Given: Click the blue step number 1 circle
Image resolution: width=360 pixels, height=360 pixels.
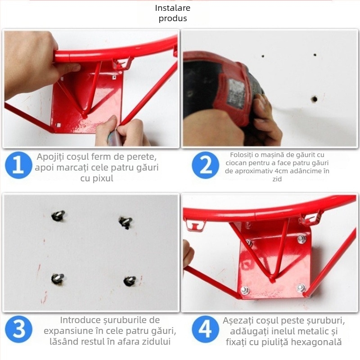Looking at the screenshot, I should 18,165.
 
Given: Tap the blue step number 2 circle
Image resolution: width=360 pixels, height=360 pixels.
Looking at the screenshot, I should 205,165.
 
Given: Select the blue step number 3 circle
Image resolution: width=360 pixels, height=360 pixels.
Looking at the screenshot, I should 18,329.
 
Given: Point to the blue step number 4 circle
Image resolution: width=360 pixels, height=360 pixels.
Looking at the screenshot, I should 205,329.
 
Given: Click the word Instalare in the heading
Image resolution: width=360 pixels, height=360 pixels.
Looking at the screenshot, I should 173,8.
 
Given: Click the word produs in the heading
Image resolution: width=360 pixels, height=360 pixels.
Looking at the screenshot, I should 173,18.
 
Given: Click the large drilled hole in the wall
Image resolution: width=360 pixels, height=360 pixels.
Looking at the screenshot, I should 314,99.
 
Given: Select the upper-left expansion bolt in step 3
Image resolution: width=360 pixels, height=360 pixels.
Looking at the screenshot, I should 58,216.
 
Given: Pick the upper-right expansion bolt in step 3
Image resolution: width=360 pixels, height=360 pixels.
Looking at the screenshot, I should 126,222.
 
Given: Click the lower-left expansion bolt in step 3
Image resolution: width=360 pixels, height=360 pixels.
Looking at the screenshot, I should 57,279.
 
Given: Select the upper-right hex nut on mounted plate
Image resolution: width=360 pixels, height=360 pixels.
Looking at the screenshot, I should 301,239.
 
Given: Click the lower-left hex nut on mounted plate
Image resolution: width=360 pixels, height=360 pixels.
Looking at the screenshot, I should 245,290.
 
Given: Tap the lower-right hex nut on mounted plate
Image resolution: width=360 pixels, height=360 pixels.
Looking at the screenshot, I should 301,288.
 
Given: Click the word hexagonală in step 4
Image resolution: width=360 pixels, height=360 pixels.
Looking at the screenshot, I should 316,342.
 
